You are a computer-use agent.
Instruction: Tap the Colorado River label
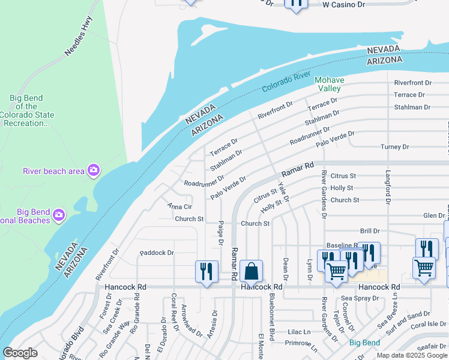click(x=286, y=83)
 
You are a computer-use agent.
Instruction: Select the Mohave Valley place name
click(x=330, y=84)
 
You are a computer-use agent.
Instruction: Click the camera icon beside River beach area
click(x=93, y=171)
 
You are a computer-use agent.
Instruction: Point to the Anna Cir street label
click(x=179, y=206)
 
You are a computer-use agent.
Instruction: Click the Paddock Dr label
click(x=156, y=253)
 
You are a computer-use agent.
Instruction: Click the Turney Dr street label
click(x=394, y=147)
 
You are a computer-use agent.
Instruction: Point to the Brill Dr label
click(x=370, y=231)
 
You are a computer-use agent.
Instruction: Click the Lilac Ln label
click(x=298, y=331)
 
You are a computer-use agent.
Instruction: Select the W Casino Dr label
click(x=343, y=4)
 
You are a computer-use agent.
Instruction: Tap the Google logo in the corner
click(x=20, y=353)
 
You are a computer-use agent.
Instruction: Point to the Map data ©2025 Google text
click(x=411, y=355)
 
